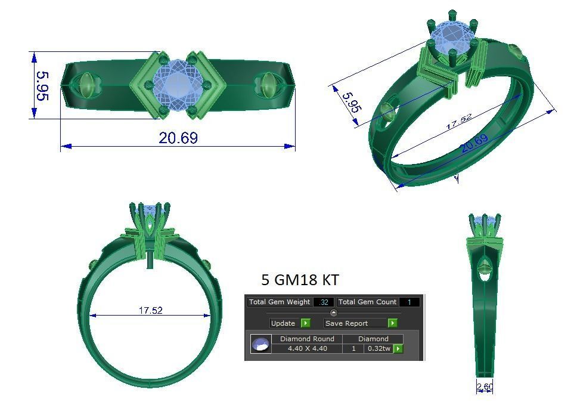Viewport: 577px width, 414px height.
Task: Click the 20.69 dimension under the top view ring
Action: [x=178, y=138]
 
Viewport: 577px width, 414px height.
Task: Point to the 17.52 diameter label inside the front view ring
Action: [x=150, y=310]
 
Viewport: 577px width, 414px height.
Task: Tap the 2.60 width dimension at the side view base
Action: [x=485, y=387]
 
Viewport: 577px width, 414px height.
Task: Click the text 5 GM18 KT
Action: [x=300, y=280]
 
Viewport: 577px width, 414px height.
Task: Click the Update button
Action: [x=283, y=323]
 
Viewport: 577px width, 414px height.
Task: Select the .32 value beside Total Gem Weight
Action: [x=324, y=302]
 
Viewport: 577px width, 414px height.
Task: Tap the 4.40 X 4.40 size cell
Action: [x=307, y=348]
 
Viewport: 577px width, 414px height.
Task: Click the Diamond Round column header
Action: [x=307, y=338]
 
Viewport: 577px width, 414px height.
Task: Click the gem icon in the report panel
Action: [x=260, y=344]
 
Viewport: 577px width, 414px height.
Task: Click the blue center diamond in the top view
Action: [x=176, y=83]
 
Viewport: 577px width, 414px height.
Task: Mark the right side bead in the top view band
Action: [x=266, y=85]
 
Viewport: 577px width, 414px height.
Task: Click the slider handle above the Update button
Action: [x=334, y=313]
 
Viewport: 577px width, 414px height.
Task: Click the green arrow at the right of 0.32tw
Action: [x=398, y=348]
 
